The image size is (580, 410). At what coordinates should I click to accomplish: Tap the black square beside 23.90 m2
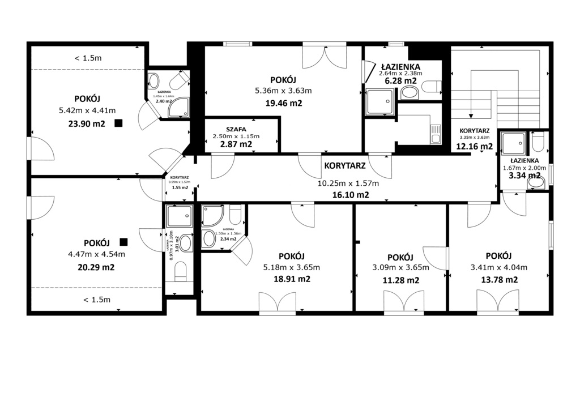click(x=118, y=123)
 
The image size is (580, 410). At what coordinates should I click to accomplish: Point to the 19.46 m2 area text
click(x=283, y=103)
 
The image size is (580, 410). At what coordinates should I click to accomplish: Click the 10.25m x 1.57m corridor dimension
click(x=348, y=183)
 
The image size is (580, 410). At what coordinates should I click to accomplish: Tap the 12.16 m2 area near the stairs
click(x=474, y=146)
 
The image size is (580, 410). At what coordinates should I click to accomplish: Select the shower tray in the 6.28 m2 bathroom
click(x=378, y=102)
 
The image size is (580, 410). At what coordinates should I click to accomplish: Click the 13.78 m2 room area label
click(x=498, y=280)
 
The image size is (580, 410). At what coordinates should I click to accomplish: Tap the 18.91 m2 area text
click(x=291, y=279)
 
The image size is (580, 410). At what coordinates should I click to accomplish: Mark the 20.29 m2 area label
click(x=96, y=267)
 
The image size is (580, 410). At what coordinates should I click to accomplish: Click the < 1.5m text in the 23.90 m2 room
click(x=88, y=58)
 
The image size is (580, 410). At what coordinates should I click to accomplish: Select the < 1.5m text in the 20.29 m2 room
click(x=96, y=300)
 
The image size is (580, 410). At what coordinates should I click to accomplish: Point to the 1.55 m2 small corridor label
click(x=180, y=187)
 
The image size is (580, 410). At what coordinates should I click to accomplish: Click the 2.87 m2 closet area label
click(x=236, y=144)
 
